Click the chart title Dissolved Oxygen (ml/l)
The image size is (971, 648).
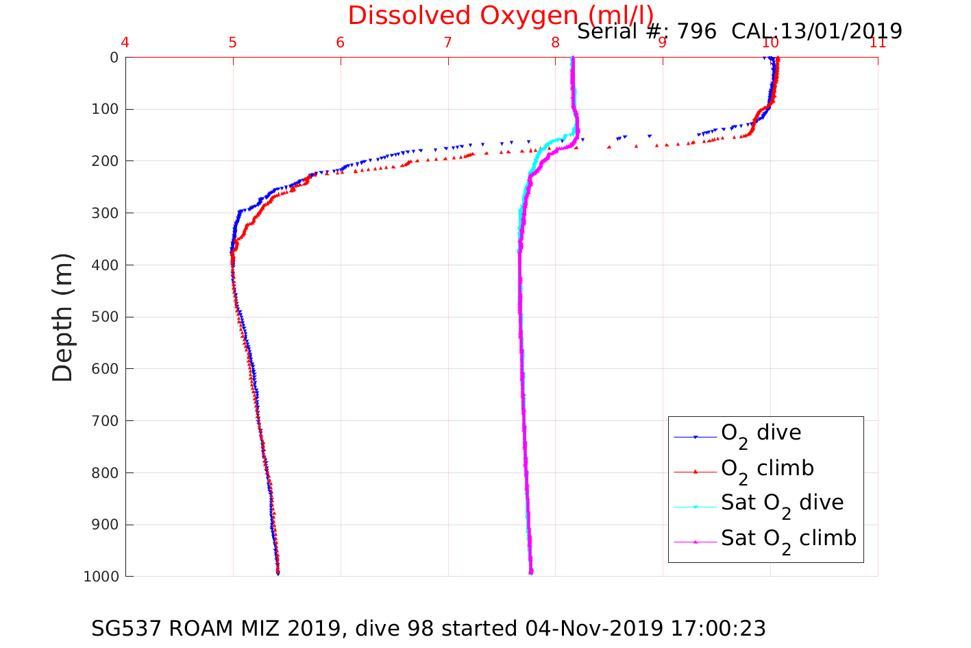click(500, 15)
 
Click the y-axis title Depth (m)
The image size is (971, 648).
click(63, 317)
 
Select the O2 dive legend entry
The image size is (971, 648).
click(761, 433)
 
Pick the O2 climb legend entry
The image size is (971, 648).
click(767, 469)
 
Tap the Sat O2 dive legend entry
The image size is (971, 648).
click(782, 503)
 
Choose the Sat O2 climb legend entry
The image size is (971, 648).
click(788, 539)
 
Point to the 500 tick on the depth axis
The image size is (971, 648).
click(105, 317)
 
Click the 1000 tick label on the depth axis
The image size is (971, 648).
click(101, 577)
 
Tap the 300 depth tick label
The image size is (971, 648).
click(105, 213)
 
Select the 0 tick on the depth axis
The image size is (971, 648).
click(114, 58)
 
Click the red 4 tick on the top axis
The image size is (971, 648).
click(125, 43)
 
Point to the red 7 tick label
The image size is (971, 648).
click(447, 43)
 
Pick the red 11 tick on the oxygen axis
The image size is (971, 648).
click(878, 43)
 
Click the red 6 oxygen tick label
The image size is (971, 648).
click(340, 43)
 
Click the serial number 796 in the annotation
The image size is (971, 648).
click(697, 32)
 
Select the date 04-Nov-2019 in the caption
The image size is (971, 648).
click(593, 629)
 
